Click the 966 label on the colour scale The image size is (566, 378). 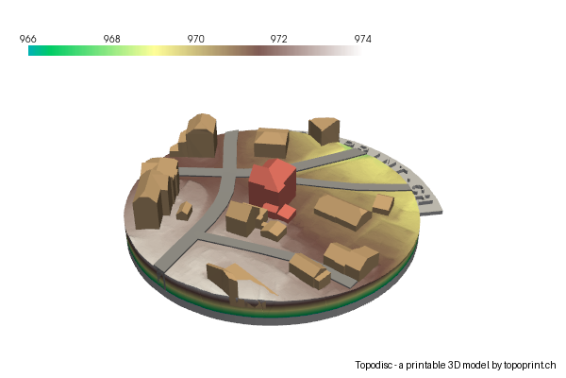28,39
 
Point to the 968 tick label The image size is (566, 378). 111,39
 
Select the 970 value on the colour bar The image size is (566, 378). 195,39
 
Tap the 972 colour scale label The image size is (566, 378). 278,39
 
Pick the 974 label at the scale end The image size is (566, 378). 361,39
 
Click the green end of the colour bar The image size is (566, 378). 34,51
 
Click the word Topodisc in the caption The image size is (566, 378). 376,365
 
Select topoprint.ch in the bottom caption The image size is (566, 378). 530,365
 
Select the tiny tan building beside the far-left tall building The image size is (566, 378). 185,210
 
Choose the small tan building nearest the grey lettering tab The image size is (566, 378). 382,203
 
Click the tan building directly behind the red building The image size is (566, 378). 271,142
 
